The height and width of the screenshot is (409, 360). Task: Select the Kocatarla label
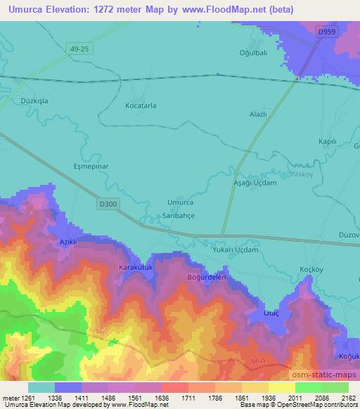[141, 105]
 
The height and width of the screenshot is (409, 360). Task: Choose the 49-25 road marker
[79, 48]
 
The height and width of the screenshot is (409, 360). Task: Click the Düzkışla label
[28, 100]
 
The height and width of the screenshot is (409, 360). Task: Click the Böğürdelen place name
[205, 277]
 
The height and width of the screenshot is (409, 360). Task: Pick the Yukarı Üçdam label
[236, 249]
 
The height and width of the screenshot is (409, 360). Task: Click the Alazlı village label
[259, 112]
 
